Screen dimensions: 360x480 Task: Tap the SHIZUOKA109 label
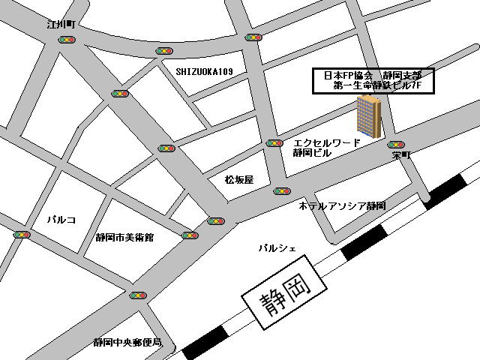point(205,71)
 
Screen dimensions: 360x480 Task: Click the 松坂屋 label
point(238,180)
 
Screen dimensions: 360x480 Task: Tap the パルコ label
point(61,220)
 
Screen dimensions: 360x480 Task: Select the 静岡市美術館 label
point(124,237)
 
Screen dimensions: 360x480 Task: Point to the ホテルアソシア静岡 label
point(341,205)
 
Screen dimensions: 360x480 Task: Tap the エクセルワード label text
point(327,142)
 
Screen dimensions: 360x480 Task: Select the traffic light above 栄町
point(396,143)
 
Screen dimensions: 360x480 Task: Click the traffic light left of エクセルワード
point(274,142)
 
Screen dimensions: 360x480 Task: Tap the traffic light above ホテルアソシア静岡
point(281,191)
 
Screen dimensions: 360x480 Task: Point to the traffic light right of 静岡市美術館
point(190,235)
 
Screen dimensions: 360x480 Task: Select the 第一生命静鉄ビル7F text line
point(372,87)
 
